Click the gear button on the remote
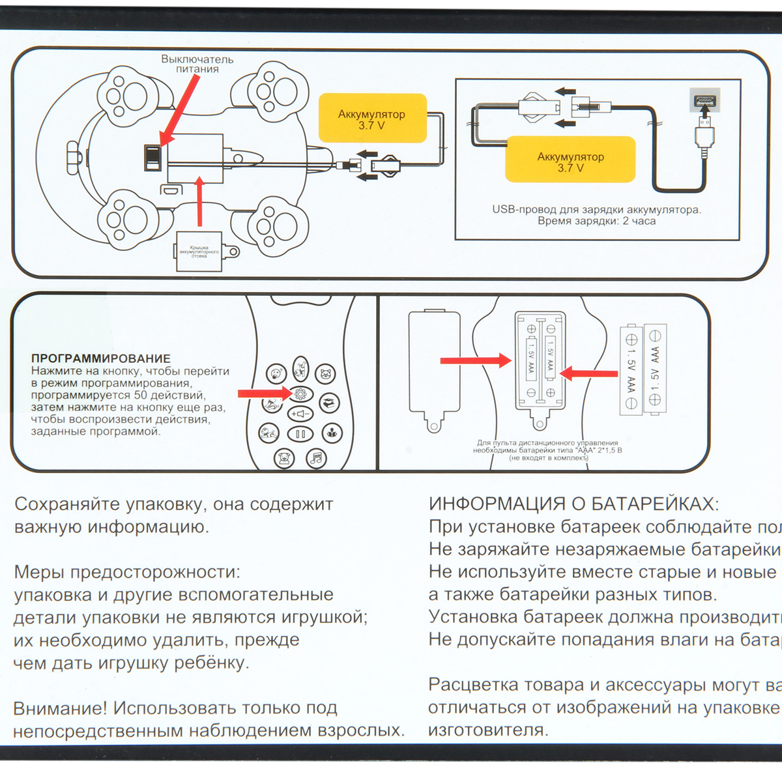click(300, 394)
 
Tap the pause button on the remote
click(300, 434)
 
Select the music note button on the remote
click(317, 457)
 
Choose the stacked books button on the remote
click(330, 402)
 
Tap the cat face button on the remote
click(325, 374)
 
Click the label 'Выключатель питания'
click(197, 64)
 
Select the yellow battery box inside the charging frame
click(570, 160)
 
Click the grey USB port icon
click(704, 102)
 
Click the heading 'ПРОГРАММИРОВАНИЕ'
click(101, 358)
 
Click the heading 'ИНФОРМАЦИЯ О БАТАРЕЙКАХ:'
click(573, 504)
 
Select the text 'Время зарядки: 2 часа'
click(596, 221)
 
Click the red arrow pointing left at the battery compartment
click(588, 373)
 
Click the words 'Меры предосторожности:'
click(127, 572)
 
